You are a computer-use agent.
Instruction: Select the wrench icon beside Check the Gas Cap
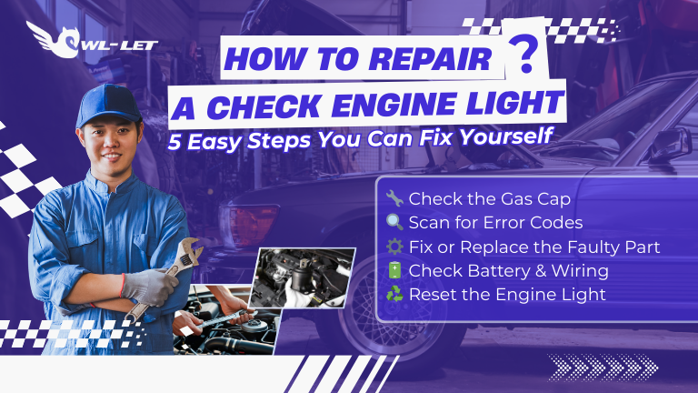click(393, 198)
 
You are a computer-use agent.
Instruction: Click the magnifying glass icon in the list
click(393, 222)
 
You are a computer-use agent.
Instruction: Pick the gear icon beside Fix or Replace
click(393, 247)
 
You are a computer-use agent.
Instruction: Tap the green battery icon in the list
click(393, 270)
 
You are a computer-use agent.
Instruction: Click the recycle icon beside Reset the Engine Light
click(393, 295)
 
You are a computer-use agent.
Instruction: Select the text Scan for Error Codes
click(482, 222)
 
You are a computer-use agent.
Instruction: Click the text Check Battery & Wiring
click(495, 270)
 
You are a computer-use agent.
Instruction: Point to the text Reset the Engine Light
click(494, 295)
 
